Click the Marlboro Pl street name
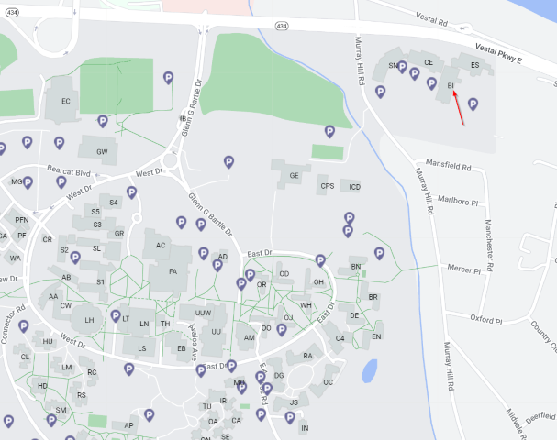(458, 197)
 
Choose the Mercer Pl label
(463, 269)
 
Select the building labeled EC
(65, 101)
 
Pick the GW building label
(102, 152)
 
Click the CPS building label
(327, 186)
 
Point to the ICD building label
(355, 187)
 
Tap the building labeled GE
(295, 175)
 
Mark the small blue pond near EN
(369, 370)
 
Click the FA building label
(173, 271)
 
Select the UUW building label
(203, 314)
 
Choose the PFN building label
(21, 220)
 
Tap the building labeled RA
(307, 356)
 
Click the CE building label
(428, 62)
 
